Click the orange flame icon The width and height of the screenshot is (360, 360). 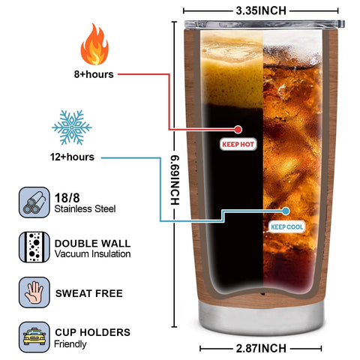[x=94, y=44]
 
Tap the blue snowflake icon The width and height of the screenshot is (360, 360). [x=72, y=127]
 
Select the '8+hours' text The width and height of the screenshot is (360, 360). [x=94, y=74]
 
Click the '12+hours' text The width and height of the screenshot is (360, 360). [x=72, y=157]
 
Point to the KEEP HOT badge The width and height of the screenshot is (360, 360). [x=238, y=144]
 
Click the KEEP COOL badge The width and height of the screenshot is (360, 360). [x=287, y=227]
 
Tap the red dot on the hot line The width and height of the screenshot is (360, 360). [x=238, y=130]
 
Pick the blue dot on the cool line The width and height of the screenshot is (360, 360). [x=286, y=211]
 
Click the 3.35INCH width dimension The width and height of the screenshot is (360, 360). [x=261, y=10]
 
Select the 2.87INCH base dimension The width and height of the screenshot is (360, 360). [x=261, y=348]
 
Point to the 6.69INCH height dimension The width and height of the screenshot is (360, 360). [x=175, y=180]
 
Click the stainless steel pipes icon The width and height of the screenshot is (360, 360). [x=34, y=202]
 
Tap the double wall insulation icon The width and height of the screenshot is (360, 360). [x=34, y=247]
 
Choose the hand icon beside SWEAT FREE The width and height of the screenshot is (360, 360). [x=34, y=292]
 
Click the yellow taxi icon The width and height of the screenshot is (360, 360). [x=34, y=337]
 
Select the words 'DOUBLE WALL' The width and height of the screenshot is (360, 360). [x=92, y=244]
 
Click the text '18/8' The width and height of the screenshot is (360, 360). [x=67, y=198]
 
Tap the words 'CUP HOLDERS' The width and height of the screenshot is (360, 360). [x=92, y=332]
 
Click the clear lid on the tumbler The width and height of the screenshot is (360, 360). [x=264, y=24]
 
